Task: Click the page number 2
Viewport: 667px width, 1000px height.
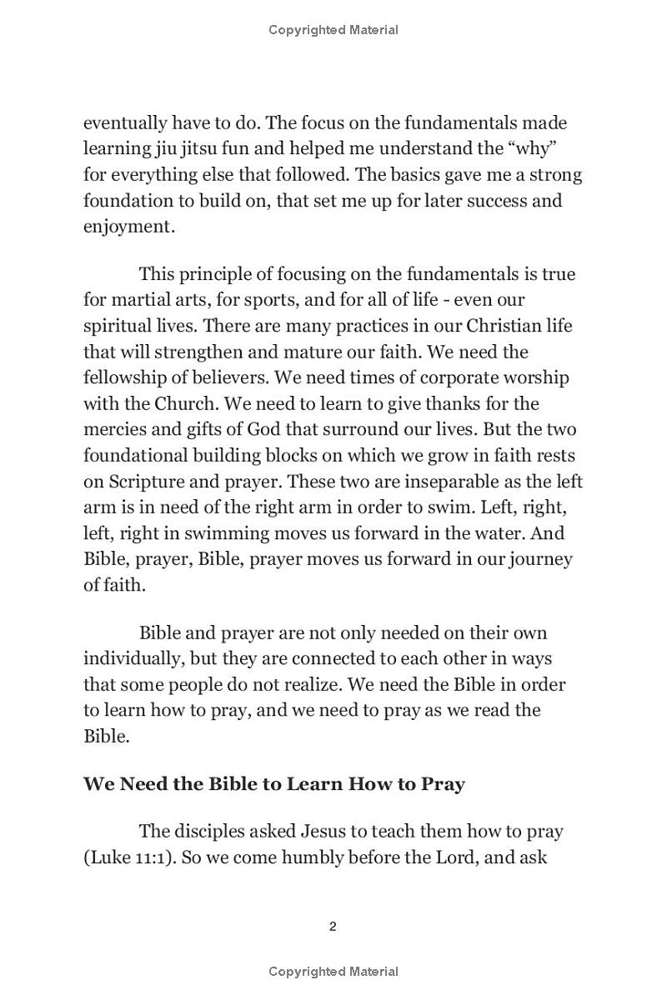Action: pos(333,927)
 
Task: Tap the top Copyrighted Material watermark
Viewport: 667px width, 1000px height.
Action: pos(333,30)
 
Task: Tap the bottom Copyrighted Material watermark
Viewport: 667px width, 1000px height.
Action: pos(333,971)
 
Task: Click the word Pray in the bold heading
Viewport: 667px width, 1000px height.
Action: pos(441,784)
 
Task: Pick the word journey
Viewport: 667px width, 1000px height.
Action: pos(541,559)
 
